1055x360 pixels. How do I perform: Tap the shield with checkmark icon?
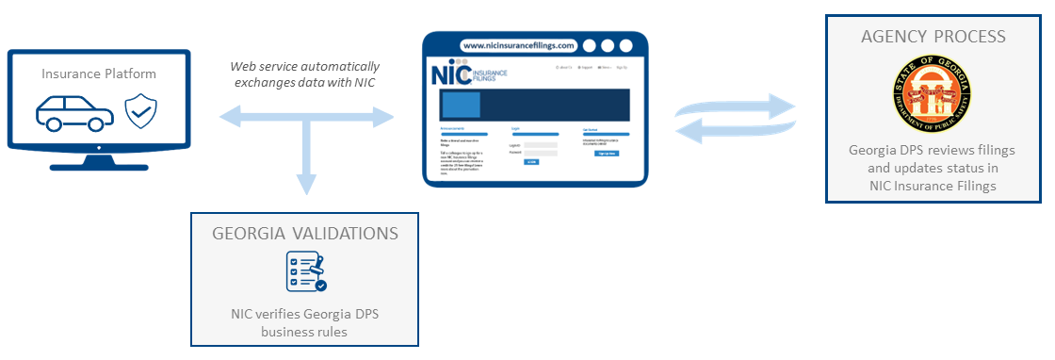tap(141, 110)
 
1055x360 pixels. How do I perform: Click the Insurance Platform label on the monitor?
tap(99, 73)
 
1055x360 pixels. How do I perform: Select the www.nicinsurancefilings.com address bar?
tap(517, 45)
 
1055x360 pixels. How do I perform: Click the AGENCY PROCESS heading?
tap(933, 37)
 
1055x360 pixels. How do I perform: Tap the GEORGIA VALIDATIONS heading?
tap(304, 233)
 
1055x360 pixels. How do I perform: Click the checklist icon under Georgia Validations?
tap(305, 271)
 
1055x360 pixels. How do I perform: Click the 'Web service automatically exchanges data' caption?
tap(305, 74)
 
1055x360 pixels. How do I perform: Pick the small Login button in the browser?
tap(532, 162)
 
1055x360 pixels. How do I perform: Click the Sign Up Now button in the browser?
tap(608, 153)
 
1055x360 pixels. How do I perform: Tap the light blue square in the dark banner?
tap(462, 105)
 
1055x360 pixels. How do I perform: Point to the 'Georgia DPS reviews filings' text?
tap(932, 151)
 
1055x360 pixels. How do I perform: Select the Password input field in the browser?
tap(541, 153)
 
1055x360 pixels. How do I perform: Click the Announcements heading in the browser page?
tap(457, 127)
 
